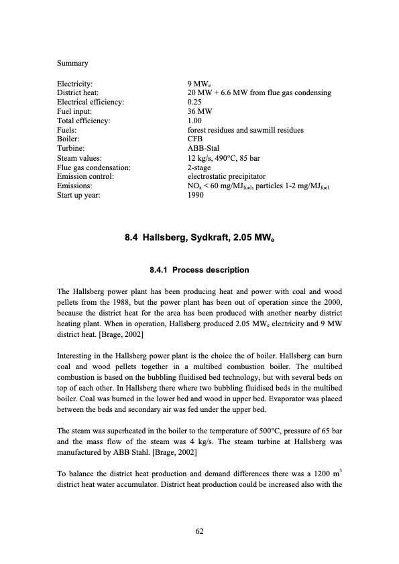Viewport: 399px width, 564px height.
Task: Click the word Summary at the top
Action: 72,64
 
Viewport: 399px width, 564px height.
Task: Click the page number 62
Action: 199,531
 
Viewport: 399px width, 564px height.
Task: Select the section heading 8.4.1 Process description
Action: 199,270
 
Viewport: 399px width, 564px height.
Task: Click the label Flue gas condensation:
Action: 94,167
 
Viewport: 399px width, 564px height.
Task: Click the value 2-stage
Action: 201,167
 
